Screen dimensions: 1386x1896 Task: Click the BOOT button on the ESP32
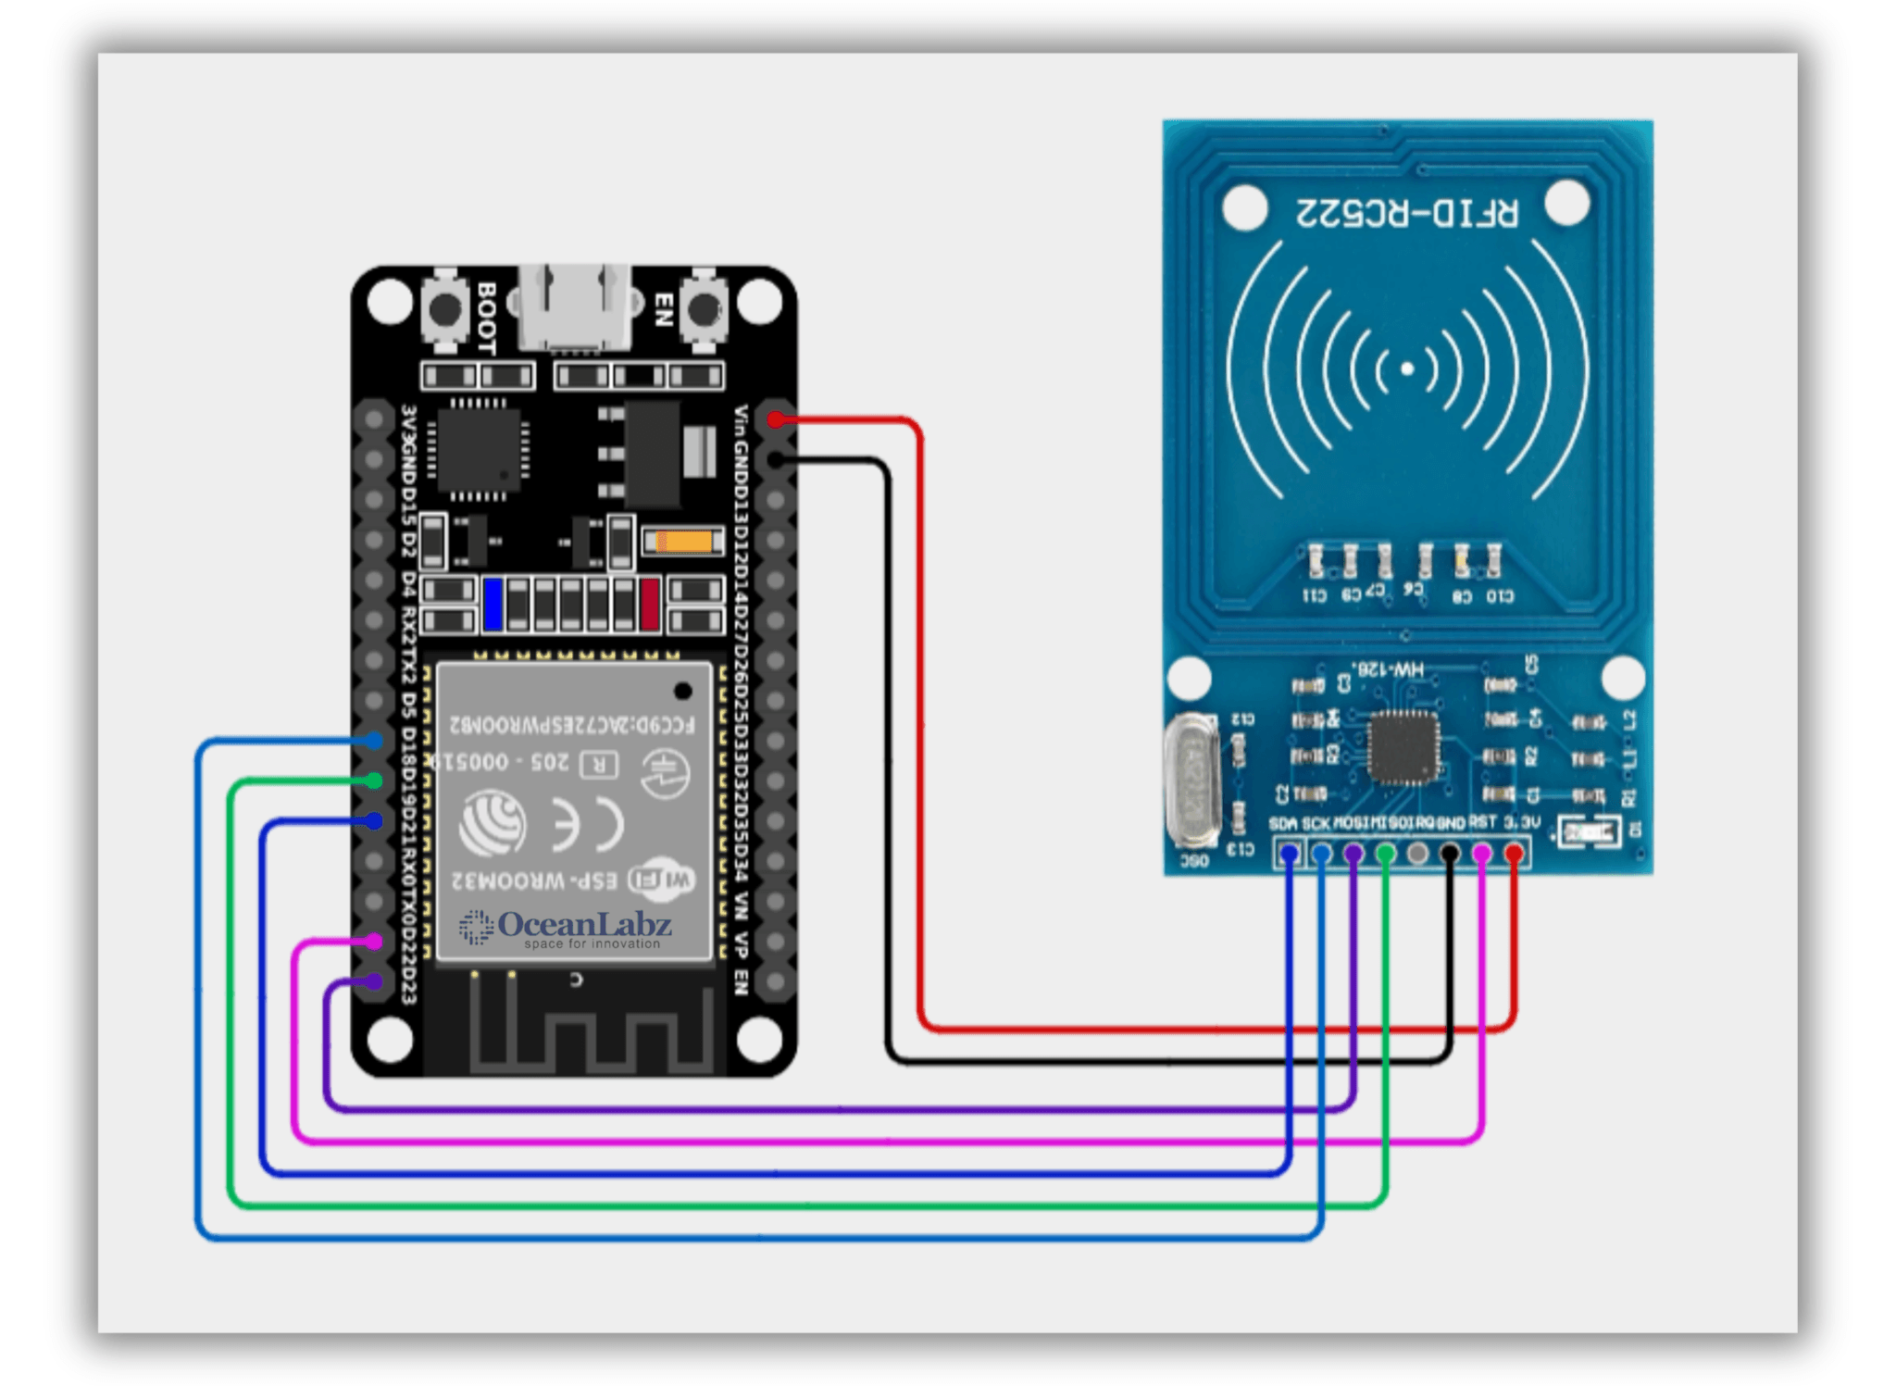point(445,309)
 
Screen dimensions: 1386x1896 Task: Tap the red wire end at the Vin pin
point(776,420)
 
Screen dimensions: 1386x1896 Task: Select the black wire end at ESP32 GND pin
point(776,460)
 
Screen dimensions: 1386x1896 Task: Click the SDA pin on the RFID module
point(1289,853)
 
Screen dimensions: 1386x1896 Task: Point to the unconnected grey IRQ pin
point(1417,853)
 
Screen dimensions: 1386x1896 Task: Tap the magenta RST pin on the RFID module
point(1481,853)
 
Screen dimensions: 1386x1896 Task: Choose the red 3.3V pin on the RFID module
point(1514,853)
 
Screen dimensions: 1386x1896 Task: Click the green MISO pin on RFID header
point(1385,853)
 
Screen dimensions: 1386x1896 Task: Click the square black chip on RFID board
point(1403,747)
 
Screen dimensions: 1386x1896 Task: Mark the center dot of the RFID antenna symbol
point(1407,369)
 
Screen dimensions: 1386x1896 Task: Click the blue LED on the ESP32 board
point(493,604)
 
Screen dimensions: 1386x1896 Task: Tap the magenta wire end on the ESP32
point(373,942)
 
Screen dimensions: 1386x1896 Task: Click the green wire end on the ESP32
point(373,780)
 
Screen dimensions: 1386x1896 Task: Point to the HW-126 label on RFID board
point(1388,668)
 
